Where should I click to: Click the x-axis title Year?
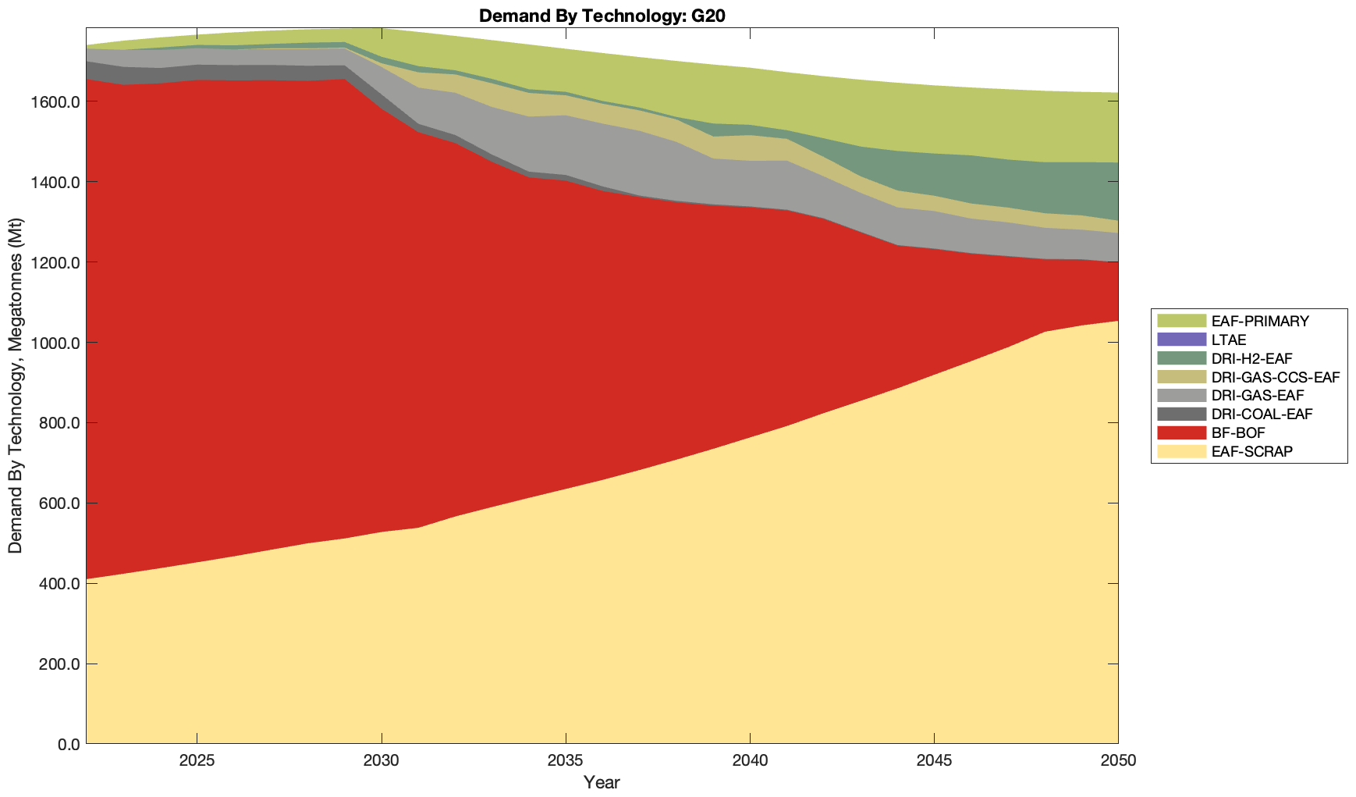pos(602,782)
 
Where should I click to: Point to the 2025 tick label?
pos(197,761)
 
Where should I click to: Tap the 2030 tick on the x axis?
pos(382,761)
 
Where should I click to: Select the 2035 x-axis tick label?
pos(566,761)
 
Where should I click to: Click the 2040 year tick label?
pos(750,761)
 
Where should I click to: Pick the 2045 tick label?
pos(934,761)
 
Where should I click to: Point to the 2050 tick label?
pos(1118,761)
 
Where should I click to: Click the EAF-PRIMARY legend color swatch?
pos(1181,321)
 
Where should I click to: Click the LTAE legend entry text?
pos(1229,340)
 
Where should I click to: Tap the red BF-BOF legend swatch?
pos(1181,432)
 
